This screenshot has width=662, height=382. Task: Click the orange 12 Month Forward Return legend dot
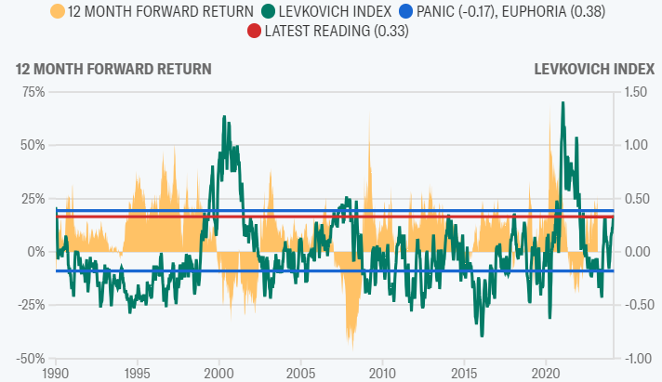coord(59,12)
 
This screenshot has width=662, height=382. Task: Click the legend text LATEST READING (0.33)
coord(338,32)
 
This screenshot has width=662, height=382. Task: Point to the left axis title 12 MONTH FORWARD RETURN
coord(113,69)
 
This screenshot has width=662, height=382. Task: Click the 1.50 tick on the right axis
coord(636,91)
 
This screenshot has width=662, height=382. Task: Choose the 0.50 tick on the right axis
coord(636,198)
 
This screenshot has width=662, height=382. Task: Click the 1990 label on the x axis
coord(56,373)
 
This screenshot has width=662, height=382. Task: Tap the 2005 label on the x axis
coord(300,373)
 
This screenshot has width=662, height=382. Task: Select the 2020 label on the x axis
coord(544,373)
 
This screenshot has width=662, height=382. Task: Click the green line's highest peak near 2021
coord(563,103)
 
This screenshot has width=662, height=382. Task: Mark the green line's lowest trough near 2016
coord(482,336)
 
